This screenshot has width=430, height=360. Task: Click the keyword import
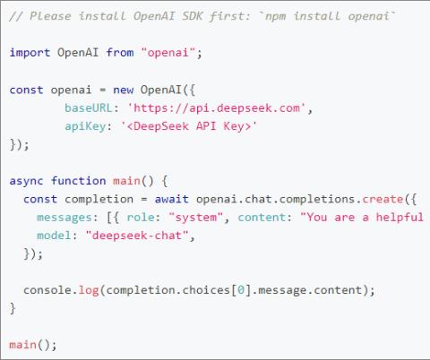coord(30,53)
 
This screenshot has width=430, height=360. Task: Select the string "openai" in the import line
coord(168,53)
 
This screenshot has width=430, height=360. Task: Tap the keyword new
coord(124,90)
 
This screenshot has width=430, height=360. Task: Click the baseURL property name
coord(89,107)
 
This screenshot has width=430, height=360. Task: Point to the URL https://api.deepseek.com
coord(217,108)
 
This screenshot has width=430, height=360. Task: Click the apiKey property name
coord(85,126)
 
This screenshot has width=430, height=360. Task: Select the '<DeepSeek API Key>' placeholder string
coord(189,126)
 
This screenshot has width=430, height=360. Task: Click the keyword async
coord(26,181)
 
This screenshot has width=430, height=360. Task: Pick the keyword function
coord(79,181)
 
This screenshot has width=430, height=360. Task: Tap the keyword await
coord(172,199)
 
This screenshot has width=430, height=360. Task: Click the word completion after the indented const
coord(99,199)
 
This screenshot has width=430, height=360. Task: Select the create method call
coord(383,199)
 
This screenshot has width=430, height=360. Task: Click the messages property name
coord(64,218)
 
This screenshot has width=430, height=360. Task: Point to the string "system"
coord(196,218)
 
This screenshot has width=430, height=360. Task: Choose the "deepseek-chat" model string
coord(137,236)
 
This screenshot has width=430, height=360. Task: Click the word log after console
coord(89,290)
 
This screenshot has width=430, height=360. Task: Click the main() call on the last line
coord(32,345)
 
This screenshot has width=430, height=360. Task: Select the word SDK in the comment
coord(193,16)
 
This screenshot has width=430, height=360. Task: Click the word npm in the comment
coord(275,17)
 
